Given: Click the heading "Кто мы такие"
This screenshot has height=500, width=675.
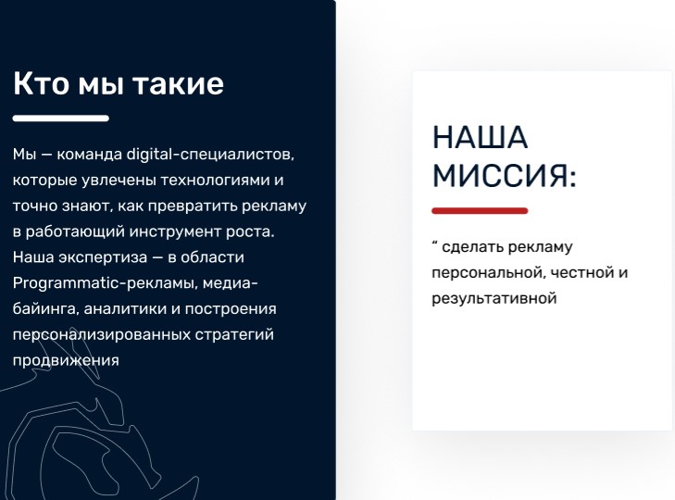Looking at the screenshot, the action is point(119,83).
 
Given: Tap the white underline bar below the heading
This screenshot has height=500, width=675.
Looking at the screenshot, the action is point(61,119).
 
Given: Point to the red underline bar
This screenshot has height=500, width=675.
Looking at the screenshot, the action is point(480,210).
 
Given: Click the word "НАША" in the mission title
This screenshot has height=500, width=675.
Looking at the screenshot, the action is point(480,137).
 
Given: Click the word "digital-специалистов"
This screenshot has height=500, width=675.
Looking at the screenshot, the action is point(210,155).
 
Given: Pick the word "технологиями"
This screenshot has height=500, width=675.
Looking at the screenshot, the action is point(215,180).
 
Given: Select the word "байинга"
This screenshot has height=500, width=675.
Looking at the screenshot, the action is point(45,309).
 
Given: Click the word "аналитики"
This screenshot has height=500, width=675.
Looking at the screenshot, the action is point(131,309).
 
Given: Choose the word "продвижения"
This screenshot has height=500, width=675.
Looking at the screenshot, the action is point(66,360).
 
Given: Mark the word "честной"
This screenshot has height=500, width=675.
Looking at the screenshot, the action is point(582,272).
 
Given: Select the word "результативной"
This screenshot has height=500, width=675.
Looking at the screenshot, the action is point(494,298).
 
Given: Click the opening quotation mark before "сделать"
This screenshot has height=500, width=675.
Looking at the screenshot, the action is point(434,244).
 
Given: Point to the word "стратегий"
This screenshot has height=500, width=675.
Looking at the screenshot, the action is point(234,335).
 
